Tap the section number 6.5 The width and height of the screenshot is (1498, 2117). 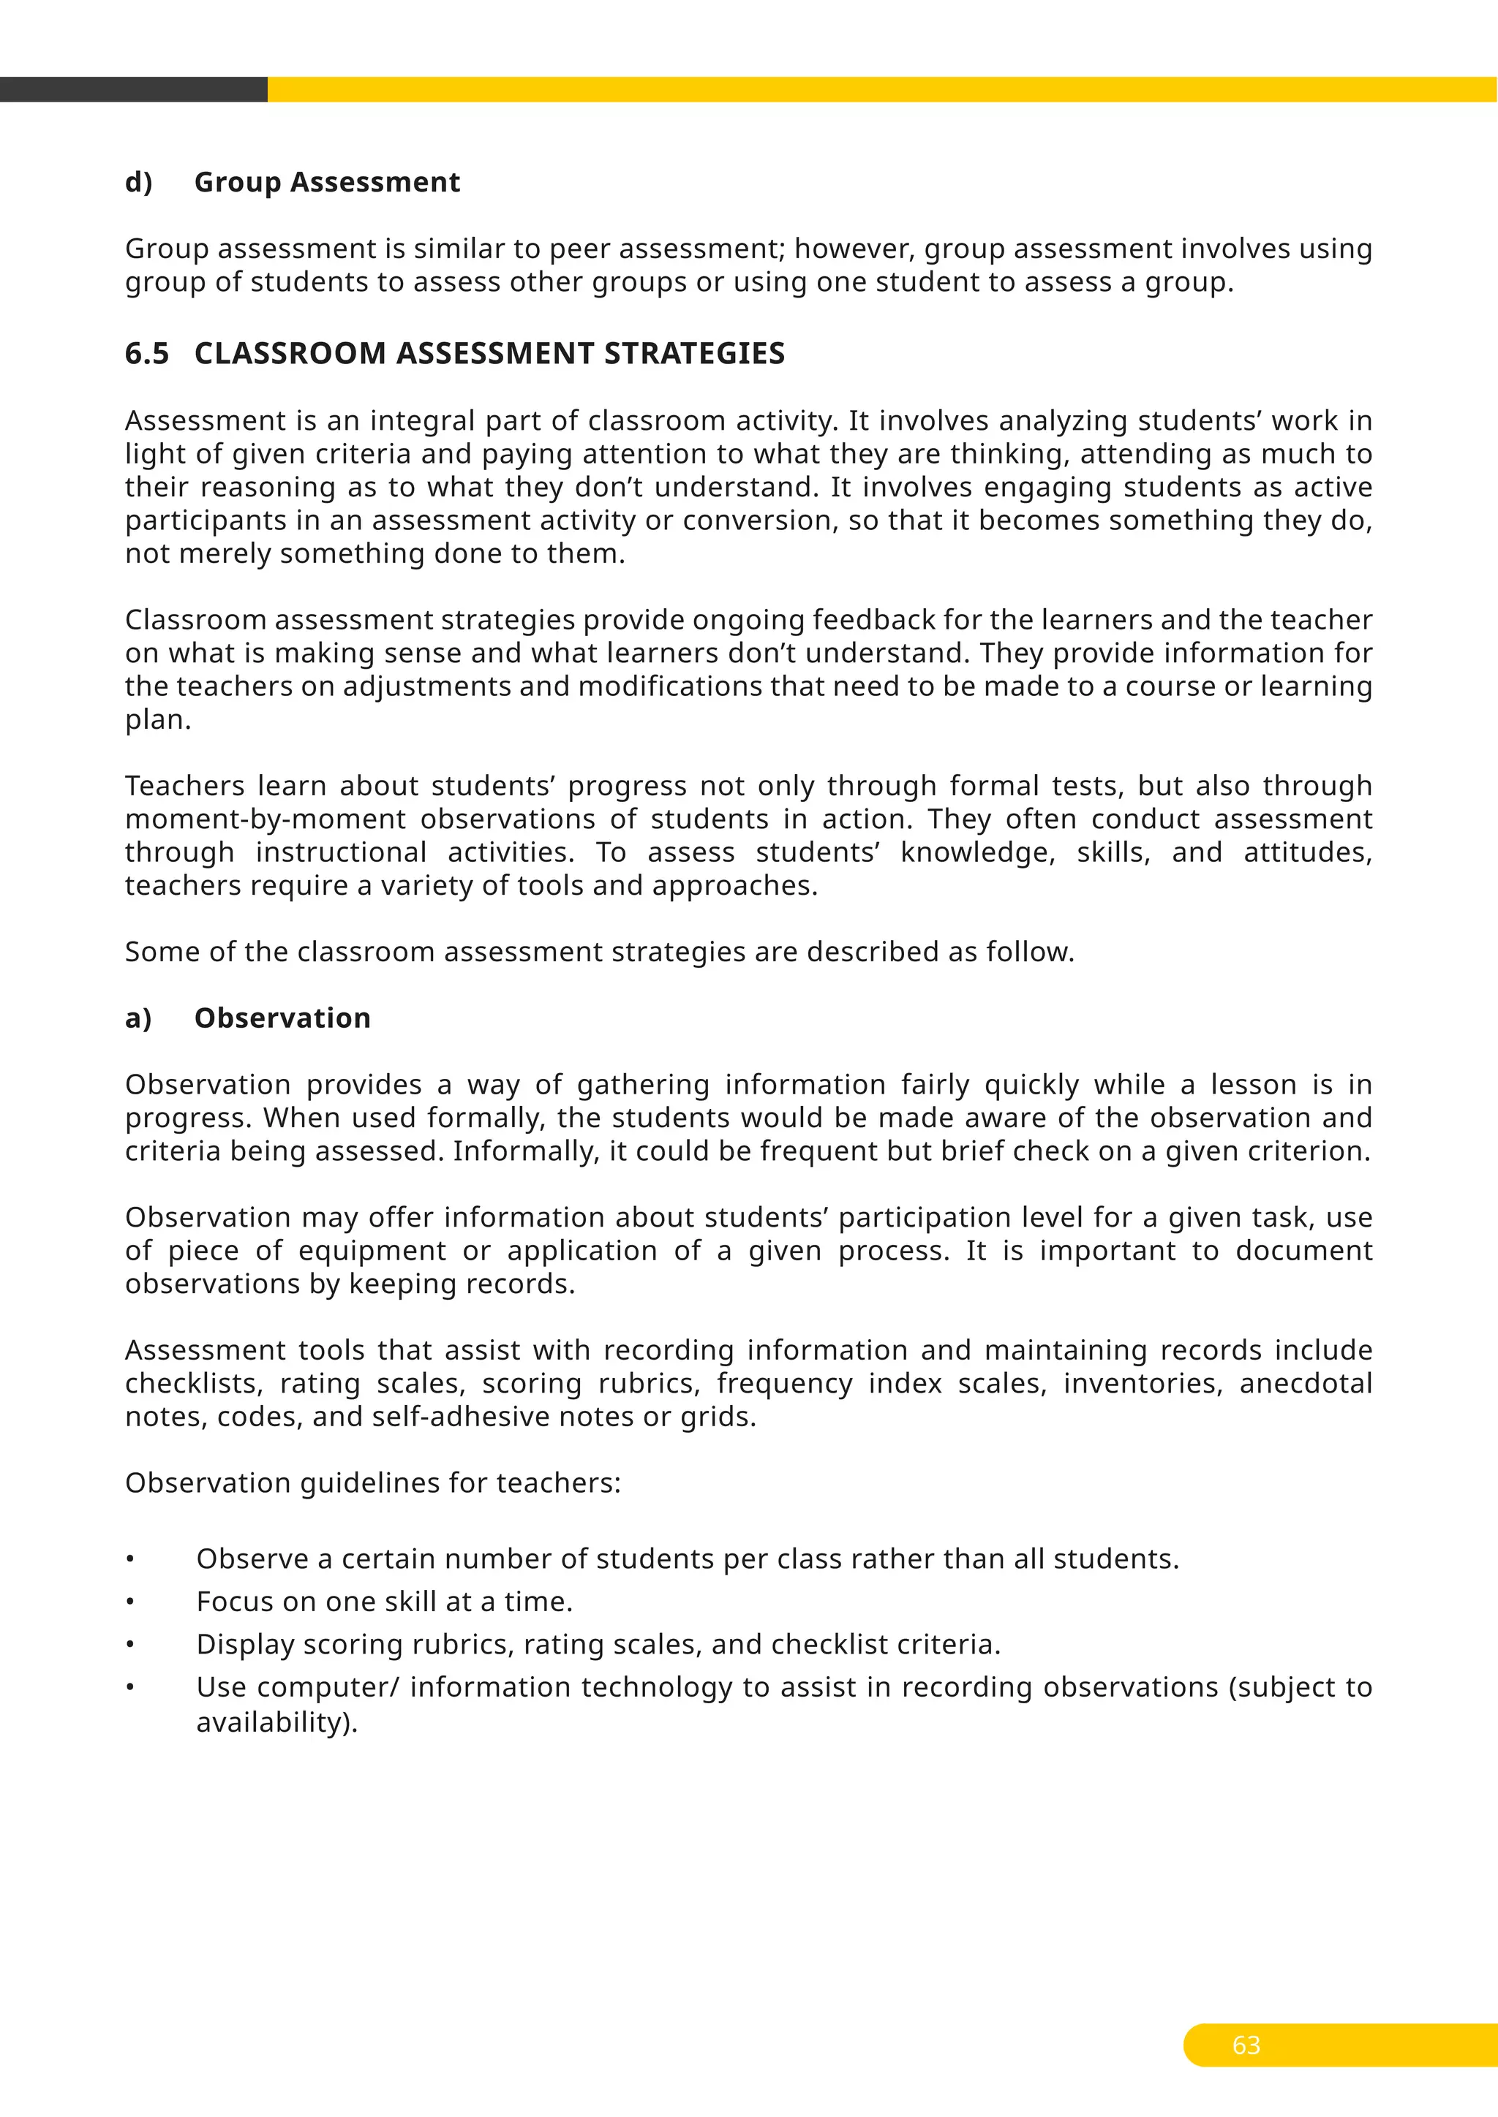click(x=148, y=353)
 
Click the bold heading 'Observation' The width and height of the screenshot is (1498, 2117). click(x=282, y=1018)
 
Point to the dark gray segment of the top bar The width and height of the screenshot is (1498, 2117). click(x=134, y=89)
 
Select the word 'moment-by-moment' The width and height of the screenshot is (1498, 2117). click(x=266, y=819)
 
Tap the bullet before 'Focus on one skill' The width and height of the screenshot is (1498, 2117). click(x=131, y=1602)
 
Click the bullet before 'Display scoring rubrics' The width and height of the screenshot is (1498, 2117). click(x=131, y=1645)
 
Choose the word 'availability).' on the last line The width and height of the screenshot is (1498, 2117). click(x=276, y=1722)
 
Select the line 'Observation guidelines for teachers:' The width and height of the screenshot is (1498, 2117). click(x=372, y=1482)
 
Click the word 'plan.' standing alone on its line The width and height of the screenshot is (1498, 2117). click(x=158, y=719)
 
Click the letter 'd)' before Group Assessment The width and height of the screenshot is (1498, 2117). click(x=138, y=183)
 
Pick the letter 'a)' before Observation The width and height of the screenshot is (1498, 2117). click(x=138, y=1018)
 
